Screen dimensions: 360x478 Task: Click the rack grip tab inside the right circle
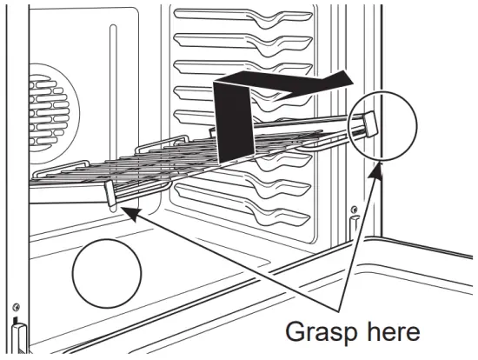coord(368,123)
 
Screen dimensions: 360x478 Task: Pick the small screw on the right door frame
coord(355,210)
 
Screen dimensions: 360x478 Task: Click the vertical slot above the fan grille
coord(113,61)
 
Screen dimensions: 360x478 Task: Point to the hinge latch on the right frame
coord(355,228)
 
